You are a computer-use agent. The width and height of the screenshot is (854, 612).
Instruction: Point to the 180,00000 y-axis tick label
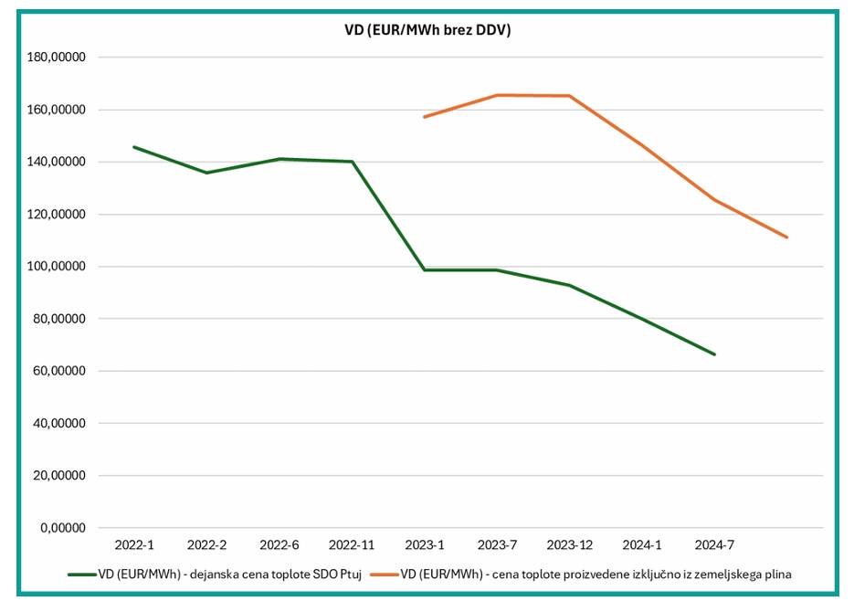click(58, 58)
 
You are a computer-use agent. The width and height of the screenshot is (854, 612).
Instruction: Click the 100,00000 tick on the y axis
click(58, 267)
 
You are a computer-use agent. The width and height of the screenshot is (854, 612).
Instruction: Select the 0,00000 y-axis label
click(64, 528)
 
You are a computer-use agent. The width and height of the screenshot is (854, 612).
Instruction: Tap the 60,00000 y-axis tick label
click(61, 372)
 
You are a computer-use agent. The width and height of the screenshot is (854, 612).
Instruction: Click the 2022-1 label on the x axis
click(134, 545)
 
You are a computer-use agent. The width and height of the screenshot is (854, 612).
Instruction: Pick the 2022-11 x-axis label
click(352, 545)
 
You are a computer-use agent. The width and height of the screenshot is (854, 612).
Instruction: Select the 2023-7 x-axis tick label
click(497, 545)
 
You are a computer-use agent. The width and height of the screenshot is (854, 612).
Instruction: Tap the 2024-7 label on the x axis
click(714, 545)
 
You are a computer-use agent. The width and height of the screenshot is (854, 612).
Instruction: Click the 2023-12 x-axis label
click(569, 545)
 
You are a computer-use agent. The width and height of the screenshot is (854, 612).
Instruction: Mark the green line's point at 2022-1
click(134, 147)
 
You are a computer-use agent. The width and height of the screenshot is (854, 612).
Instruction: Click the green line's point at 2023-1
click(425, 269)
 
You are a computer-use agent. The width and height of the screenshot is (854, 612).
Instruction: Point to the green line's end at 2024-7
click(714, 354)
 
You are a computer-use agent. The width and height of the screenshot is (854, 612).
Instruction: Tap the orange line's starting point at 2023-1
click(425, 117)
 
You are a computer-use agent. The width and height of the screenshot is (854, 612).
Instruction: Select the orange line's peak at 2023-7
click(497, 95)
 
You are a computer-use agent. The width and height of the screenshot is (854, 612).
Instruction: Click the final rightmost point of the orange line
click(786, 237)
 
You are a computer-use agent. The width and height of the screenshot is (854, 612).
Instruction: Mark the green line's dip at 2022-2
click(206, 173)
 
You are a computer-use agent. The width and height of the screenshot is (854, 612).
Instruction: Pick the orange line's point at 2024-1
click(642, 144)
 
